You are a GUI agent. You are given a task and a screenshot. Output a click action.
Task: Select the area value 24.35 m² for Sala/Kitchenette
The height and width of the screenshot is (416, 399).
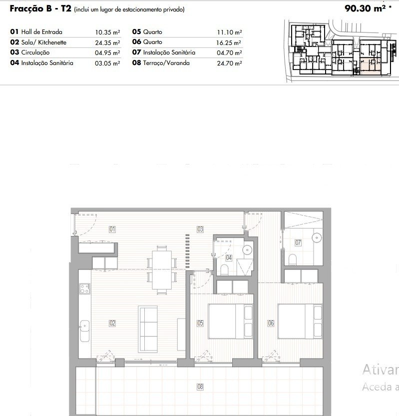pos(107,42)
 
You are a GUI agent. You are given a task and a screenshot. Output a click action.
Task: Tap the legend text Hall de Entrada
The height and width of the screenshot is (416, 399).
pos(41,32)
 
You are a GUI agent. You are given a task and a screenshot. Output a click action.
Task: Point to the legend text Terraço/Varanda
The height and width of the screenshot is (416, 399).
pos(166,63)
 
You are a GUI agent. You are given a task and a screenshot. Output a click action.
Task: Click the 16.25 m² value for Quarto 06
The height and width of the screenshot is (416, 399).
pos(229,42)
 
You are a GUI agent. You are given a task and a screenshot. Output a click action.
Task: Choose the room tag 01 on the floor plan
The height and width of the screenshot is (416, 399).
pos(112,229)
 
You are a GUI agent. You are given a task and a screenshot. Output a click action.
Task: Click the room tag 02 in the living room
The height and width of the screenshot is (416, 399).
pos(112,323)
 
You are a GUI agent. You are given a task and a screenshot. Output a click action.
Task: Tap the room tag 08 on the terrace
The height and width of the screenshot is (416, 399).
pos(200,387)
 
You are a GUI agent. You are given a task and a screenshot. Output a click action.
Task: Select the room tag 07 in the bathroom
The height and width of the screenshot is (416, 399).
pos(298,242)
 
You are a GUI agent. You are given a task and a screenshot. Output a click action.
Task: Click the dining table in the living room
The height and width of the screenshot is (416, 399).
pos(162,270)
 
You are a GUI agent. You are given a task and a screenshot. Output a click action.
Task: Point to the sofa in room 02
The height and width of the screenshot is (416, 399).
pos(148,329)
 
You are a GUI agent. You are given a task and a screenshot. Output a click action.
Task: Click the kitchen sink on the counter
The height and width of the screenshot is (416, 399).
pos(85,331)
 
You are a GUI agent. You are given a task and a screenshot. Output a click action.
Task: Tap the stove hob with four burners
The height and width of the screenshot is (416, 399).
pos(85,288)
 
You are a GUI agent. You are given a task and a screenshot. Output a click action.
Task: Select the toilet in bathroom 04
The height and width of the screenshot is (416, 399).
pos(224,269)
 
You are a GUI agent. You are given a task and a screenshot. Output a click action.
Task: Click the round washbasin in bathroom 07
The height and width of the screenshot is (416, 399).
pos(317,237)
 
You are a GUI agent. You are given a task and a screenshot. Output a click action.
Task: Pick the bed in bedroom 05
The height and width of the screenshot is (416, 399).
pos(231,321)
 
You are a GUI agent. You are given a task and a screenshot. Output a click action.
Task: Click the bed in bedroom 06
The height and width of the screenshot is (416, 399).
pos(300,321)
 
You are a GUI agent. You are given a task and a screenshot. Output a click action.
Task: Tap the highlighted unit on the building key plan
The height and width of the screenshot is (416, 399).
pos(371,67)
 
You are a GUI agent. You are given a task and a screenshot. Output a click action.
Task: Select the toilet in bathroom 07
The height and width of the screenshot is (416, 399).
pos(293,259)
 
